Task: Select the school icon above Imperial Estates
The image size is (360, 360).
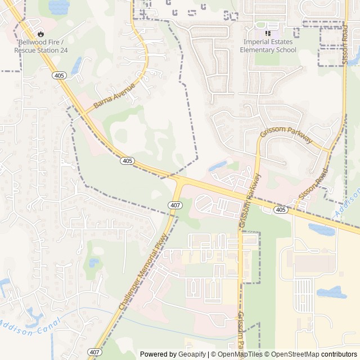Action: point(268,33)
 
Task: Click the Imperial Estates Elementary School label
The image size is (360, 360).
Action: point(268,46)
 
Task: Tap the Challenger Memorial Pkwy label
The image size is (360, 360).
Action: point(143,272)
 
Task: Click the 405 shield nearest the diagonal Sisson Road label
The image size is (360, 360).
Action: point(281,209)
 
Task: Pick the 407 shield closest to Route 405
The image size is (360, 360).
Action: point(175,205)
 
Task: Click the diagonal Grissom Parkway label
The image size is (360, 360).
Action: point(286,135)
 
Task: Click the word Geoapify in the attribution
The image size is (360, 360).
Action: point(192,354)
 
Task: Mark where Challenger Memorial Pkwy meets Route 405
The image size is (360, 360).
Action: point(179,179)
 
